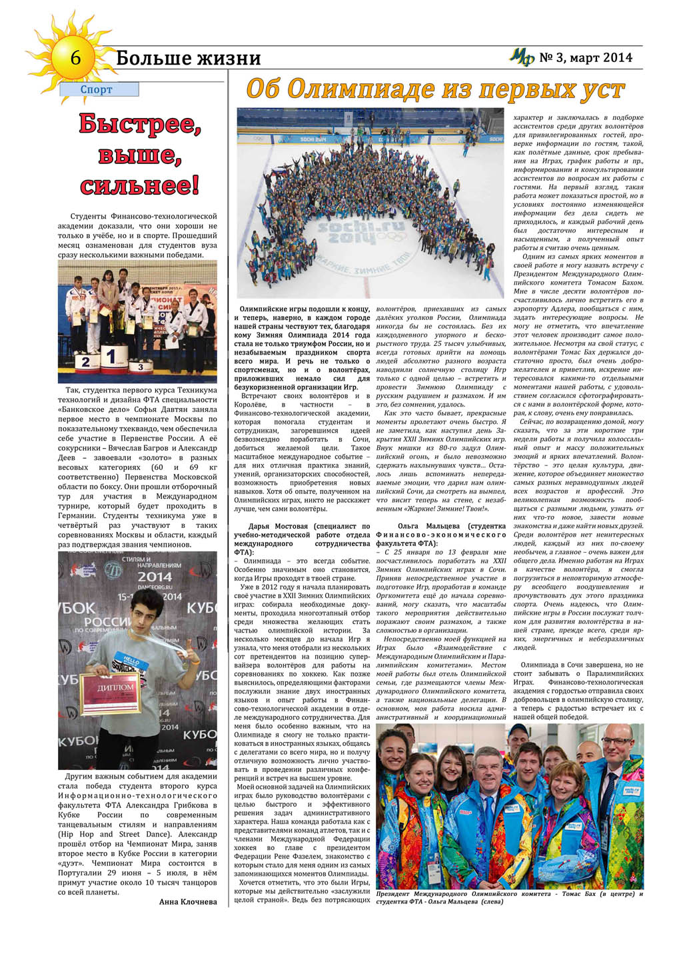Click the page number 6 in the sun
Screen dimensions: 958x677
(75, 58)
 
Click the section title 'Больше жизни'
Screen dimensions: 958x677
(188, 59)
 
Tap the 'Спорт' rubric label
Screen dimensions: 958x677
(97, 89)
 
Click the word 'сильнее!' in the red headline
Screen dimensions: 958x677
(139, 185)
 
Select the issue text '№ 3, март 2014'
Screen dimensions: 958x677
(586, 58)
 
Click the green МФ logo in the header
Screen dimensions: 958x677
(522, 58)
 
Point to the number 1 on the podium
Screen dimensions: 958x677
(111, 356)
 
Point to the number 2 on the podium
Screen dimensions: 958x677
(85, 362)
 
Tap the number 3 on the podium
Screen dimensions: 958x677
(140, 366)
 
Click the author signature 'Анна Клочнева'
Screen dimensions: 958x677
(188, 902)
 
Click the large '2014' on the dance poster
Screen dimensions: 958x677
(155, 577)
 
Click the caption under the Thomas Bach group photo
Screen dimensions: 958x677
(509, 897)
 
